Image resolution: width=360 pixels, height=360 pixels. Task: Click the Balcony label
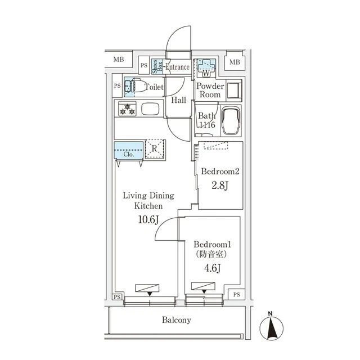click(x=176, y=320)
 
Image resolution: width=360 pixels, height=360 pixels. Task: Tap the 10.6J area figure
click(x=148, y=220)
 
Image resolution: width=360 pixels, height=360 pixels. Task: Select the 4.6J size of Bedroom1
click(x=213, y=268)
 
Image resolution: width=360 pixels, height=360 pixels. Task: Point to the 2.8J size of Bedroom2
click(x=220, y=185)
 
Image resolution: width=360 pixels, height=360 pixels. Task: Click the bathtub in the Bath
click(x=231, y=120)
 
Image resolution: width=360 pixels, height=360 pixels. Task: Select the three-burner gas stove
click(x=127, y=109)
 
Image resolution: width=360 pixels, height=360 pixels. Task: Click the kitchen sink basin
click(x=150, y=109)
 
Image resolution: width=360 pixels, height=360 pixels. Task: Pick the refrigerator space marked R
click(x=154, y=148)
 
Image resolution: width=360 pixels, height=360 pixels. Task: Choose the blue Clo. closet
click(x=129, y=150)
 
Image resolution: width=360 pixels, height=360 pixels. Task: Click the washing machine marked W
click(x=206, y=68)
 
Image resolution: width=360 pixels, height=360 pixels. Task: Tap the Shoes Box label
click(x=157, y=66)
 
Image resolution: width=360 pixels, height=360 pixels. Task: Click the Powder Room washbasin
click(x=234, y=90)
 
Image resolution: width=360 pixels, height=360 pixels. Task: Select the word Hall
click(x=179, y=100)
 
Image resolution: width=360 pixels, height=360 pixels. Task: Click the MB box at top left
click(x=119, y=59)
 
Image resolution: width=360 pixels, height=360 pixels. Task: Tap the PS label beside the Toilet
click(x=118, y=86)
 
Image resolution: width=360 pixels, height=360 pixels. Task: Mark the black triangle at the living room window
click(x=150, y=294)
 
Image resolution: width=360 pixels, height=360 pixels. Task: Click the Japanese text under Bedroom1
click(x=211, y=254)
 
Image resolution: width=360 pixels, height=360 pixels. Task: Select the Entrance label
click(x=178, y=67)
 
